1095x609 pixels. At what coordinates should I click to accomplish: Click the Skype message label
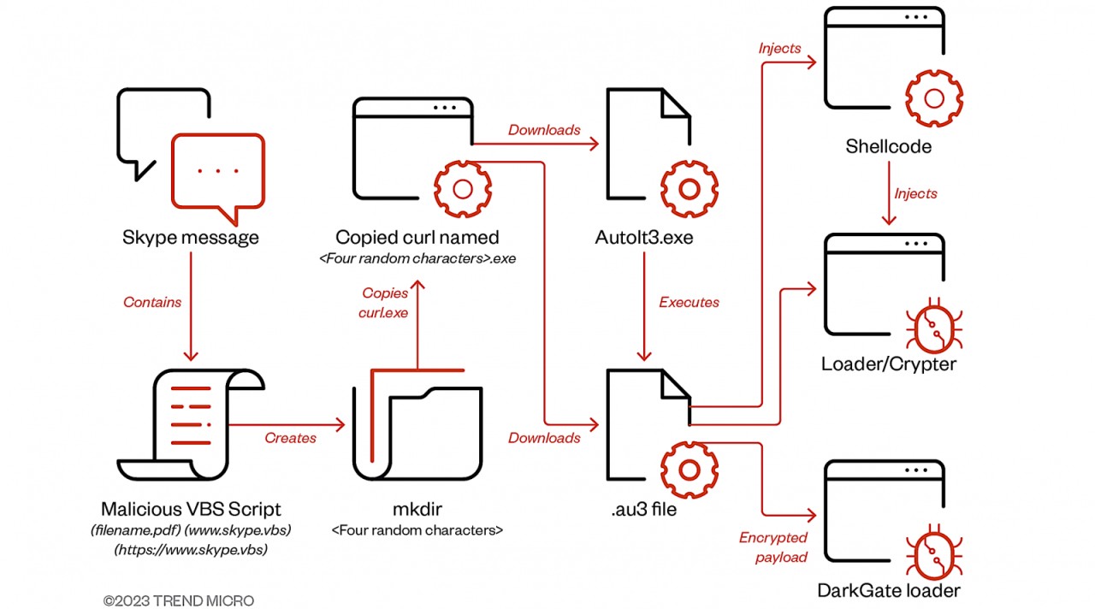pyautogui.click(x=190, y=237)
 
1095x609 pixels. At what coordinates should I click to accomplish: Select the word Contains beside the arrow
pyautogui.click(x=152, y=302)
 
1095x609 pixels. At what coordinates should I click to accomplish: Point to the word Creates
pyautogui.click(x=290, y=438)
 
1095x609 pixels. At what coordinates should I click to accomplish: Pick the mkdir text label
pyautogui.click(x=417, y=510)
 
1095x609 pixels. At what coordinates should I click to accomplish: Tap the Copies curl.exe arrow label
pyautogui.click(x=384, y=303)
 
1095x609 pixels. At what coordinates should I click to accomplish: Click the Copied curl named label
pyautogui.click(x=417, y=237)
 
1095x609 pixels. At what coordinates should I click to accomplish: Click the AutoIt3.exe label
pyautogui.click(x=644, y=237)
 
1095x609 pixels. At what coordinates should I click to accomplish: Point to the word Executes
pyautogui.click(x=689, y=302)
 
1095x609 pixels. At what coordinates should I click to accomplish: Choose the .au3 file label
pyautogui.click(x=644, y=511)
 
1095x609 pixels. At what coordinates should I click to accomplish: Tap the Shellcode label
pyautogui.click(x=889, y=146)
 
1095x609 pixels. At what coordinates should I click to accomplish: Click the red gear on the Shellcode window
pyautogui.click(x=934, y=99)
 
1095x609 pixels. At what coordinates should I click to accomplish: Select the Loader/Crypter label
pyautogui.click(x=889, y=364)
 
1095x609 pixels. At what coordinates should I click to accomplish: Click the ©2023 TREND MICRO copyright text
pyautogui.click(x=179, y=600)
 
